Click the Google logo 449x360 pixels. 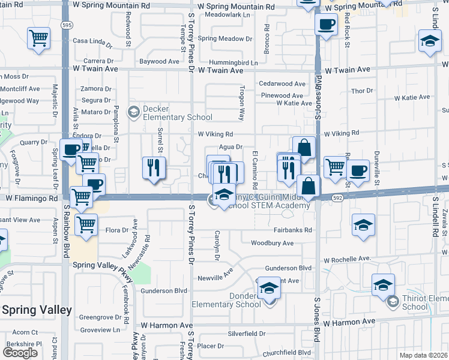tap(20, 353)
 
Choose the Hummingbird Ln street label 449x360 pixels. tap(234, 62)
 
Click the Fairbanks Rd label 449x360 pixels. tap(291, 230)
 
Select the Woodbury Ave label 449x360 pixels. tap(272, 243)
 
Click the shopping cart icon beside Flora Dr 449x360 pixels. tap(86, 225)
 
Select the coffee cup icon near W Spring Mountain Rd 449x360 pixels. tap(326, 25)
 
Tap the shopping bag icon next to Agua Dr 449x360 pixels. tap(304, 148)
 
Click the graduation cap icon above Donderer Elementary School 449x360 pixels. tap(270, 289)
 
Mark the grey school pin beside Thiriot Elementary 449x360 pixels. tap(393, 301)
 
